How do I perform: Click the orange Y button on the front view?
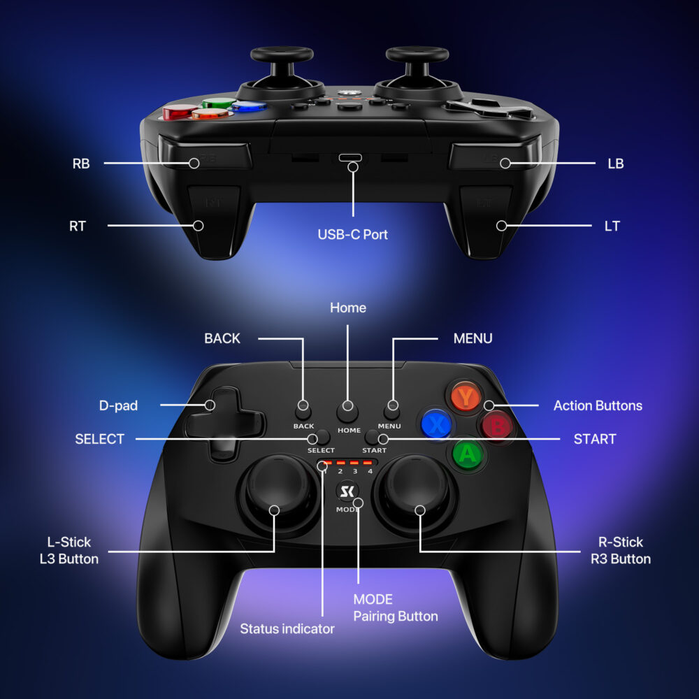point(466,396)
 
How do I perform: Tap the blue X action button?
point(436,424)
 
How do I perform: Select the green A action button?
point(467,455)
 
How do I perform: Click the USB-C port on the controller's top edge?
point(350,157)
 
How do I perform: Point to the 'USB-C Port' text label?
point(352,234)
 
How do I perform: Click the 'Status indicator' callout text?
point(287,628)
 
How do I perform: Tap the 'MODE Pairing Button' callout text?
point(396,607)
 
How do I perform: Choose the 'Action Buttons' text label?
point(598,405)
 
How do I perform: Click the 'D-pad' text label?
point(118,405)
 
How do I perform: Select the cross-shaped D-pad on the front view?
point(225,424)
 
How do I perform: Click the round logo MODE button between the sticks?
point(347,491)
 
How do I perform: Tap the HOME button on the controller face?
point(347,412)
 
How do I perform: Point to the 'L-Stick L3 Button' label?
point(69,551)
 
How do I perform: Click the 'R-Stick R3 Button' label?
point(621,551)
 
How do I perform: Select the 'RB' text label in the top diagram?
point(81,164)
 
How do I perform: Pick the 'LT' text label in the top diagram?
point(612,226)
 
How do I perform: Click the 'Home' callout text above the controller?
point(347,308)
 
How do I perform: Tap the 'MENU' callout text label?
point(473,338)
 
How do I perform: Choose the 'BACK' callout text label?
point(222,338)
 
